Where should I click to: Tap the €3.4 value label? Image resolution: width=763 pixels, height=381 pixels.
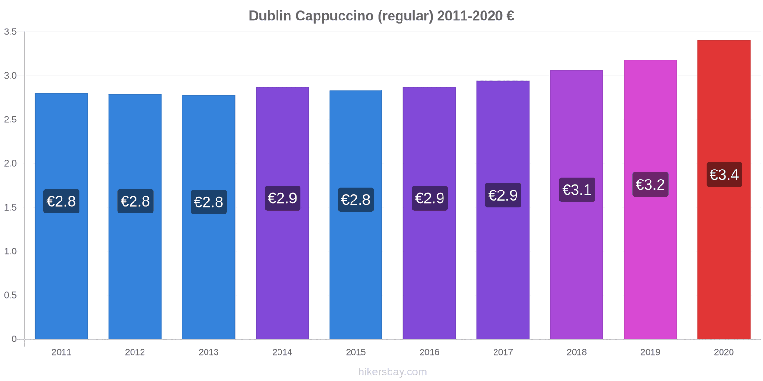tap(724, 175)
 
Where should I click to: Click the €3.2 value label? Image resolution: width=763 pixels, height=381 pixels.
tap(650, 184)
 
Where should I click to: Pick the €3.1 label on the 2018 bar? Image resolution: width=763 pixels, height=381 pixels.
tap(577, 190)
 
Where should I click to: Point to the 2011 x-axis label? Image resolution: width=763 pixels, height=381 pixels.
tap(61, 352)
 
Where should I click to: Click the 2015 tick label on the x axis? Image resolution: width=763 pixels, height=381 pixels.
tap(356, 352)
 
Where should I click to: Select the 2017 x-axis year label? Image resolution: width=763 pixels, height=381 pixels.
tap(503, 352)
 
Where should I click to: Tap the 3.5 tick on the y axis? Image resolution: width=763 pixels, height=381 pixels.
tap(10, 32)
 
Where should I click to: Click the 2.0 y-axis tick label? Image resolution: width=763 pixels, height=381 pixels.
tap(10, 163)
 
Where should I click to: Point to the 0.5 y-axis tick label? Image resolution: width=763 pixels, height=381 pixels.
tap(10, 295)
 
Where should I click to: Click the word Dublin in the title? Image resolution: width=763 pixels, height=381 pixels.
tap(269, 16)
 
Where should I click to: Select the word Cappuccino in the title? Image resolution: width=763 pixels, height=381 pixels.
tap(334, 16)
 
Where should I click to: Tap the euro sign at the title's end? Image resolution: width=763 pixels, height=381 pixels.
tap(510, 16)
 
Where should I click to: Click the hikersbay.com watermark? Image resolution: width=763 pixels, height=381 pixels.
tap(392, 372)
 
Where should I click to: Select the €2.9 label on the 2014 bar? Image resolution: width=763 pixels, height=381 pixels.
tap(282, 198)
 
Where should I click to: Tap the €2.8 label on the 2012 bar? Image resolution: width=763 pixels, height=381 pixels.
tap(135, 201)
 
